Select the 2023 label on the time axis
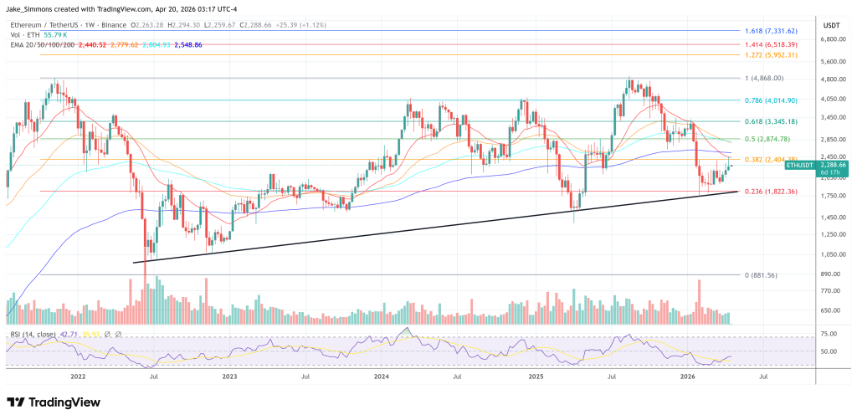230,377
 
